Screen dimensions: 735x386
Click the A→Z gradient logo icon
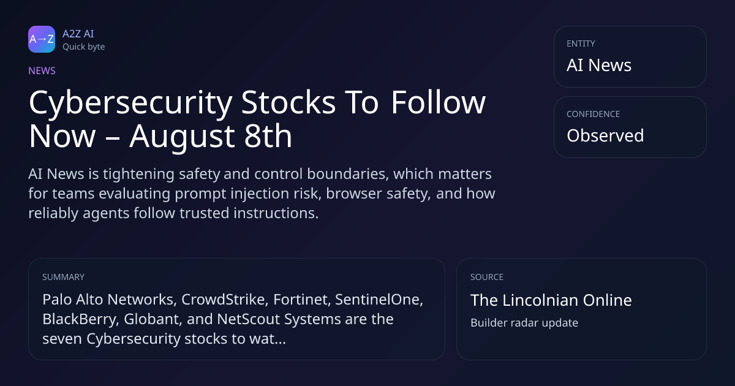pyautogui.click(x=42, y=39)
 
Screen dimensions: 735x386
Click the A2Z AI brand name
pyautogui.click(x=78, y=34)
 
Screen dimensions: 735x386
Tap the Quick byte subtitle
pyautogui.click(x=84, y=47)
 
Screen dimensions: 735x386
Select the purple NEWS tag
pyautogui.click(x=42, y=70)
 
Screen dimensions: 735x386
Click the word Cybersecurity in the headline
pyautogui.click(x=131, y=103)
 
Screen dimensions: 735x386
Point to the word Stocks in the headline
pyautogui.click(x=288, y=102)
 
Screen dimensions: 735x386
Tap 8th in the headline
pyautogui.click(x=268, y=135)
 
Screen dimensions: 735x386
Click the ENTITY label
pyautogui.click(x=581, y=44)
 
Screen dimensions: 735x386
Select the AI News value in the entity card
pyautogui.click(x=599, y=65)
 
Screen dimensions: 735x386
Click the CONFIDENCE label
pyautogui.click(x=594, y=114)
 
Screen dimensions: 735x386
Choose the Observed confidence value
pyautogui.click(x=605, y=135)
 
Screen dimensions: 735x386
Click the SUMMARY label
pyautogui.click(x=63, y=277)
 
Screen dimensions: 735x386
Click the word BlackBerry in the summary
pyautogui.click(x=81, y=319)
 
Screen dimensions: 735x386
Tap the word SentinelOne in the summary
pyautogui.click(x=379, y=300)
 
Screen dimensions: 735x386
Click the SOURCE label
pyautogui.click(x=487, y=277)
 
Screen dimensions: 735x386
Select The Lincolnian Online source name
pyautogui.click(x=551, y=300)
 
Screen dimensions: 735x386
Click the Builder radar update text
pyautogui.click(x=524, y=323)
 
